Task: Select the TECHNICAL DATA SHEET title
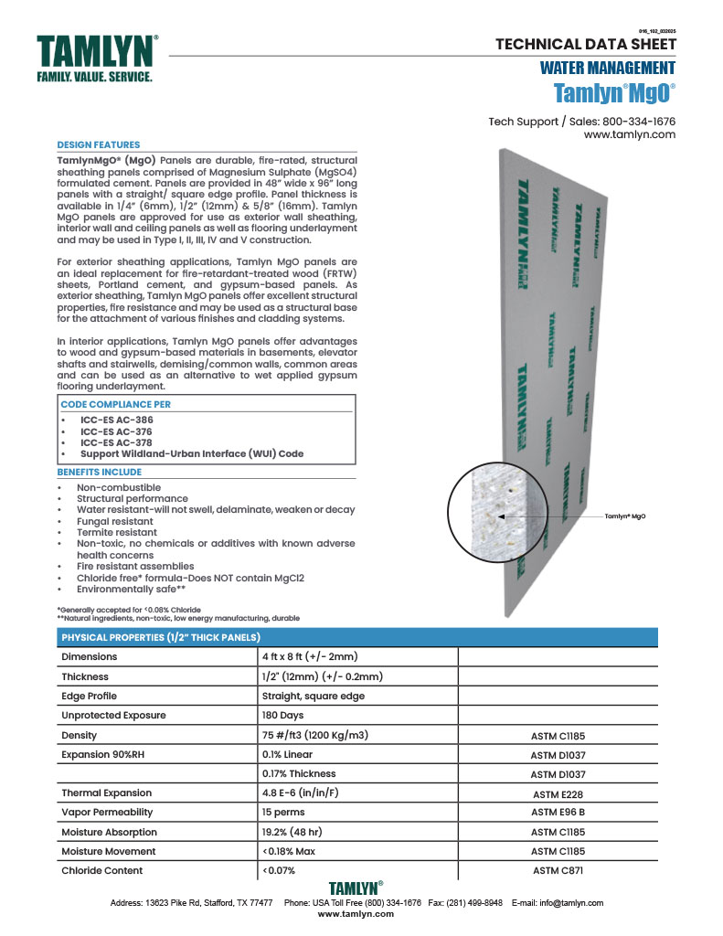[585, 44]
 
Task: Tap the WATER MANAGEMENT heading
[607, 68]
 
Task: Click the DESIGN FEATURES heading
[99, 144]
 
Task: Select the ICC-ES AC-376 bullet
[116, 431]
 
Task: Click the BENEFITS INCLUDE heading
[100, 472]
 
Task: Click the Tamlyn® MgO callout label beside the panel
[626, 517]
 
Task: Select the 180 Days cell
[283, 716]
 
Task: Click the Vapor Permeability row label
[107, 812]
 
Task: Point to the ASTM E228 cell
[558, 794]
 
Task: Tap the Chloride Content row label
[102, 870]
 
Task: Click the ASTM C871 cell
[558, 870]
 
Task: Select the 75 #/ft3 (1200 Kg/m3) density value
[314, 735]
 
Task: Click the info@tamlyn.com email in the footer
[572, 902]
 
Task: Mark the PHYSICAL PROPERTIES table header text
[161, 637]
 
